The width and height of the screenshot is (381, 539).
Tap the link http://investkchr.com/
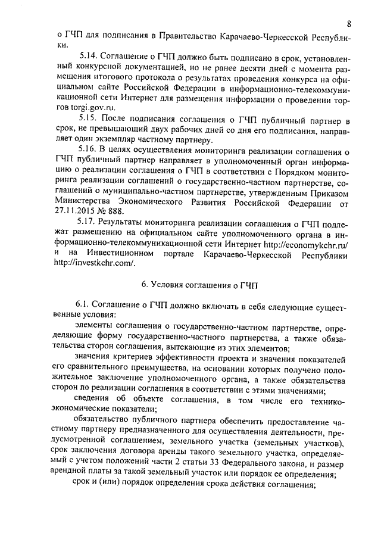click(x=95, y=266)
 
